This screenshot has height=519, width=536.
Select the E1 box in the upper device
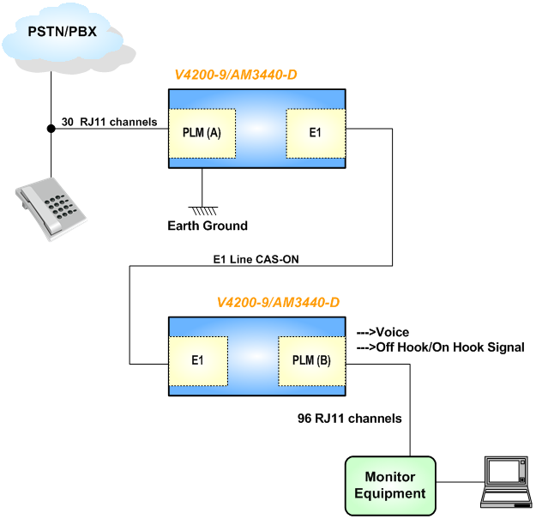point(315,134)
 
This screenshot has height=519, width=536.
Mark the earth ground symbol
point(202,208)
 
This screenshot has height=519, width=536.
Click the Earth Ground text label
point(208,226)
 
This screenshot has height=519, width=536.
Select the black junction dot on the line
point(51,129)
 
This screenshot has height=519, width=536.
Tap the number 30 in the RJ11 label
point(68,122)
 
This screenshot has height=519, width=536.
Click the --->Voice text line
point(382,332)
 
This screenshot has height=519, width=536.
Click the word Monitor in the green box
point(390,477)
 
